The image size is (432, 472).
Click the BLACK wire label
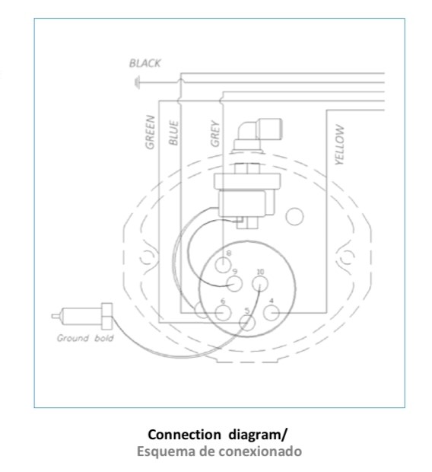145,63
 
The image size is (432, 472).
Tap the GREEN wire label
150,132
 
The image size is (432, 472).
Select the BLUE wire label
173,132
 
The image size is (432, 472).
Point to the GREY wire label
215,133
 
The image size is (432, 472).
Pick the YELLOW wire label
339,145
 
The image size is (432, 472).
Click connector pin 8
223,265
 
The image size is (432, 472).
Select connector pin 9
234,283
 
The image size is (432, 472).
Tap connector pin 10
259,284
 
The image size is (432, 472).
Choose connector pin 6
223,313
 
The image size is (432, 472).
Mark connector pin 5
247,323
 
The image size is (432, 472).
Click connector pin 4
272,313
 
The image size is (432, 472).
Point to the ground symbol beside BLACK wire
137,82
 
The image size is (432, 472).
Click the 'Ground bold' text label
85,338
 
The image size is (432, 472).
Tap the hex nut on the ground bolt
106,316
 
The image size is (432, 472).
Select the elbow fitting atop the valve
258,134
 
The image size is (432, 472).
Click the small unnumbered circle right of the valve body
294,216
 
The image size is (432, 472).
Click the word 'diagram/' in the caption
258,435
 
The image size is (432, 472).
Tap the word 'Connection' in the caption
184,435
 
